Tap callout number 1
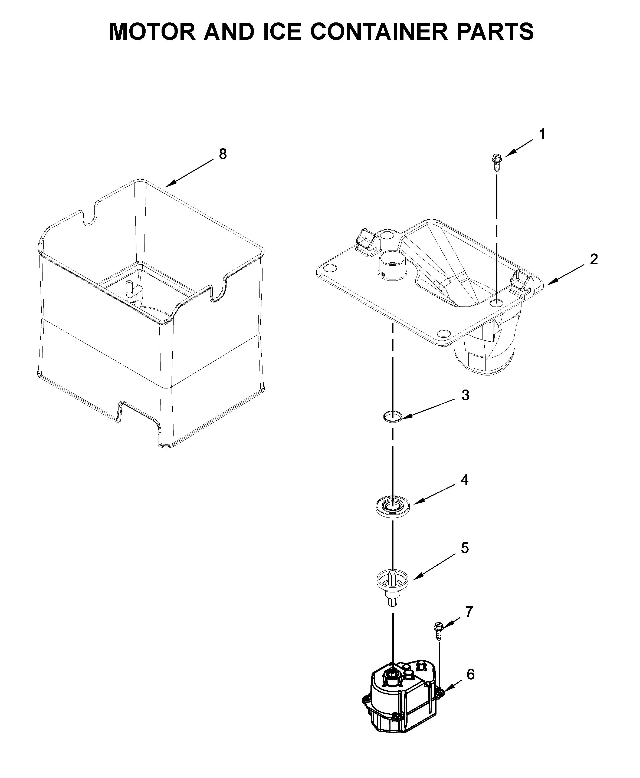coord(541,134)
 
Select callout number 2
coord(593,260)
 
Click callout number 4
coord(465,480)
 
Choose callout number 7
coord(469,612)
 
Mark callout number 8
coord(223,154)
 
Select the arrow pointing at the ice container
coord(190,172)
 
